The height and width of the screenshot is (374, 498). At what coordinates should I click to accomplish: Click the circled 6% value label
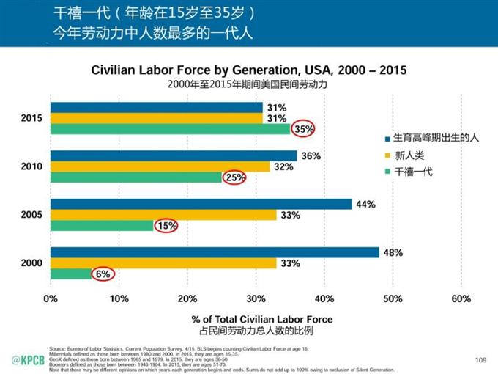tap(102, 274)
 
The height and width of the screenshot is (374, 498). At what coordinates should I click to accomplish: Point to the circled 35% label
tap(303, 129)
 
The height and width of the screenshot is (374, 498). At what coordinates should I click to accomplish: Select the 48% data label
tap(393, 252)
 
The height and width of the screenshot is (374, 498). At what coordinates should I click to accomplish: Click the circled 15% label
tap(166, 226)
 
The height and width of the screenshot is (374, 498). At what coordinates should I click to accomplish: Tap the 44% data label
tap(365, 205)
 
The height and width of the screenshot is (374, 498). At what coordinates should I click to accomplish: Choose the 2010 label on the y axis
tap(31, 166)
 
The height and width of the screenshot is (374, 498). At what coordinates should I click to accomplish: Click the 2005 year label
tap(31, 215)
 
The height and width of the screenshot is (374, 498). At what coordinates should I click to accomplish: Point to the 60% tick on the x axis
tap(461, 298)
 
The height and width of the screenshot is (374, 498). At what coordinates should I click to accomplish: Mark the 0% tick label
tap(51, 298)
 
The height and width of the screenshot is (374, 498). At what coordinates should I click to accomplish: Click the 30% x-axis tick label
tap(256, 298)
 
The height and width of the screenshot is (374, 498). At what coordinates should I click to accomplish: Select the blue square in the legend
tap(386, 137)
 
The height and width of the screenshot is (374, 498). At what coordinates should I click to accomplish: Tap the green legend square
tap(386, 171)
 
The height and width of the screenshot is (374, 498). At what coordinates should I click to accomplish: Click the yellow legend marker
tap(386, 154)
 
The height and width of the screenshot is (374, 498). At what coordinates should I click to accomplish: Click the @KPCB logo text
tap(25, 359)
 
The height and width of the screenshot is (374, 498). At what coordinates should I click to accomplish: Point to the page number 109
tap(480, 359)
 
